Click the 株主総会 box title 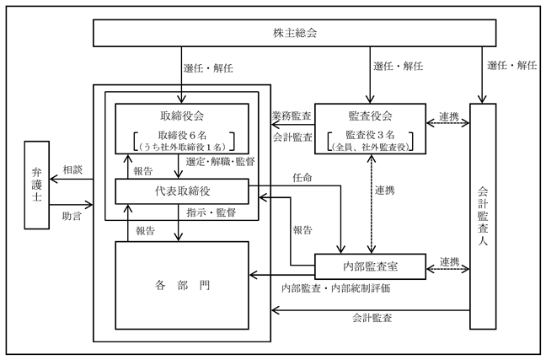pyautogui.click(x=295, y=33)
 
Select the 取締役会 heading pyautogui.click(x=182, y=116)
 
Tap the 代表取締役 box pyautogui.click(x=182, y=191)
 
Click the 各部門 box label pyautogui.click(x=182, y=286)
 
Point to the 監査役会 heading pyautogui.click(x=370, y=116)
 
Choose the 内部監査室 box pyautogui.click(x=370, y=266)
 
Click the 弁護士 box pyautogui.click(x=36, y=185)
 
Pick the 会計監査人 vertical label pyautogui.click(x=483, y=216)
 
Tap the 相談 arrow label pyautogui.click(x=72, y=170)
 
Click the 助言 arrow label pyautogui.click(x=72, y=216)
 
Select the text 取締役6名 pyautogui.click(x=182, y=135)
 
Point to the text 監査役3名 pyautogui.click(x=370, y=135)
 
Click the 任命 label pyautogui.click(x=302, y=178)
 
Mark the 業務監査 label pyautogui.click(x=292, y=116)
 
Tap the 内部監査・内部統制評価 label pyautogui.click(x=335, y=288)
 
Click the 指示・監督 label pyautogui.click(x=211, y=212)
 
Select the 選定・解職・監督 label pyautogui.click(x=220, y=162)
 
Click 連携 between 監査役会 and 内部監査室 pyautogui.click(x=385, y=191)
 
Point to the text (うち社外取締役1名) pyautogui.click(x=182, y=148)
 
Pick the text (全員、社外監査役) pyautogui.click(x=370, y=147)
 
